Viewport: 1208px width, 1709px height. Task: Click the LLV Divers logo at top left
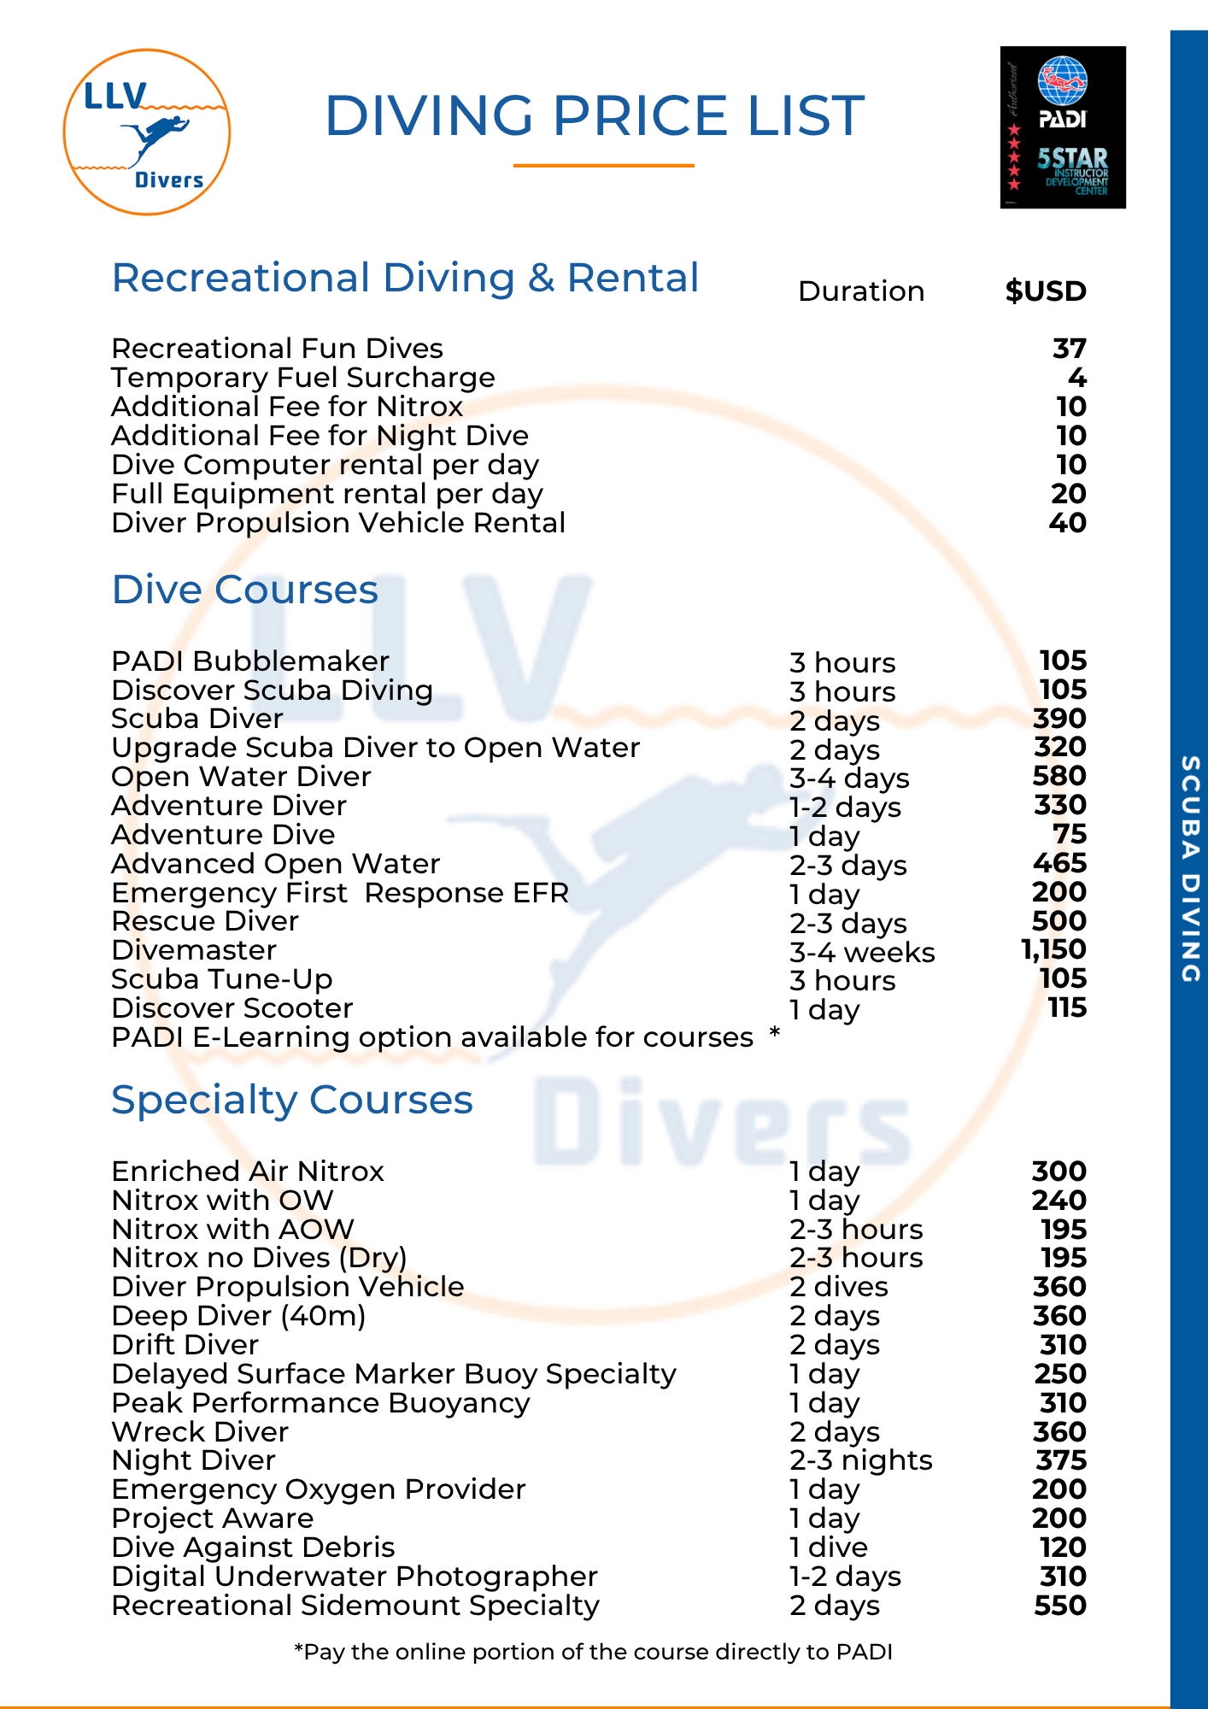(x=147, y=132)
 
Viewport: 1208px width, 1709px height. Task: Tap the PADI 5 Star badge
(x=1063, y=127)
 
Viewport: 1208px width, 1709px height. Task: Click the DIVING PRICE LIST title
(x=595, y=115)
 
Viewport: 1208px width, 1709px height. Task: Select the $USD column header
(x=1045, y=291)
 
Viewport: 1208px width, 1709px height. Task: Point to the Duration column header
(x=860, y=291)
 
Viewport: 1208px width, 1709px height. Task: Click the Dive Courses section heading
(x=244, y=590)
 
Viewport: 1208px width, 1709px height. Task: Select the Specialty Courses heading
(x=291, y=1100)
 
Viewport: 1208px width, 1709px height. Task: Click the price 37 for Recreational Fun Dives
(x=1069, y=349)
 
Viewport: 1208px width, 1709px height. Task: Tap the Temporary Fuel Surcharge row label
(x=303, y=378)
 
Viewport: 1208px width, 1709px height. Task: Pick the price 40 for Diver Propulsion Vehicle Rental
(x=1067, y=523)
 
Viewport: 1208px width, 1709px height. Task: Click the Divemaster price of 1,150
(x=1053, y=949)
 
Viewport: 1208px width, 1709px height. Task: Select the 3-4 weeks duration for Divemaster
(x=861, y=952)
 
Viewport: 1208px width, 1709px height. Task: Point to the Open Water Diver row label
(x=241, y=777)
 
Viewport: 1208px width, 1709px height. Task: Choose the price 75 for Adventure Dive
(x=1070, y=834)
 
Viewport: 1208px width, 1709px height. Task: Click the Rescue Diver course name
(x=205, y=921)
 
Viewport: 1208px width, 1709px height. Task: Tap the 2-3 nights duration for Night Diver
(x=860, y=1460)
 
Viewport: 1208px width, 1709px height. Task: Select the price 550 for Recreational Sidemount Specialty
(x=1059, y=1606)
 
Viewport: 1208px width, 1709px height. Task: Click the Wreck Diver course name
(x=200, y=1431)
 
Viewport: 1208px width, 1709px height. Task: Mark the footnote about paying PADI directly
(x=593, y=1652)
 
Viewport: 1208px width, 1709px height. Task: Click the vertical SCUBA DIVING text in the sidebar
(x=1189, y=868)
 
